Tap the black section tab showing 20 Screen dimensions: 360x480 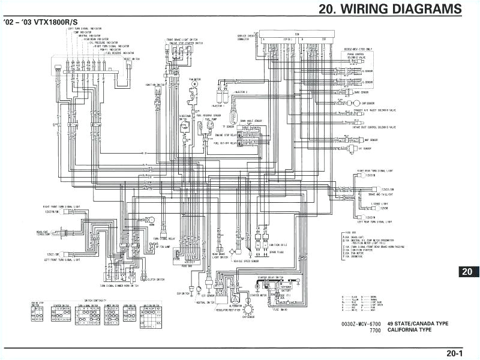click(x=468, y=271)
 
